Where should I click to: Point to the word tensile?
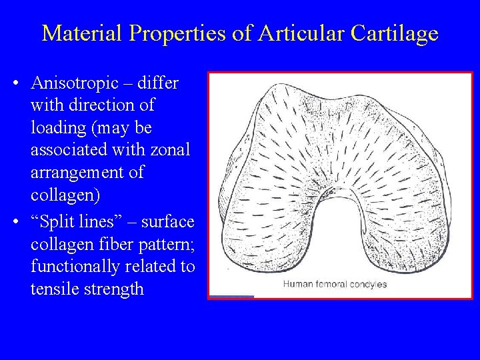(51, 289)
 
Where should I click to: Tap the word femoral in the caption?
(334, 285)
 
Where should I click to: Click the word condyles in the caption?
(371, 285)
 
